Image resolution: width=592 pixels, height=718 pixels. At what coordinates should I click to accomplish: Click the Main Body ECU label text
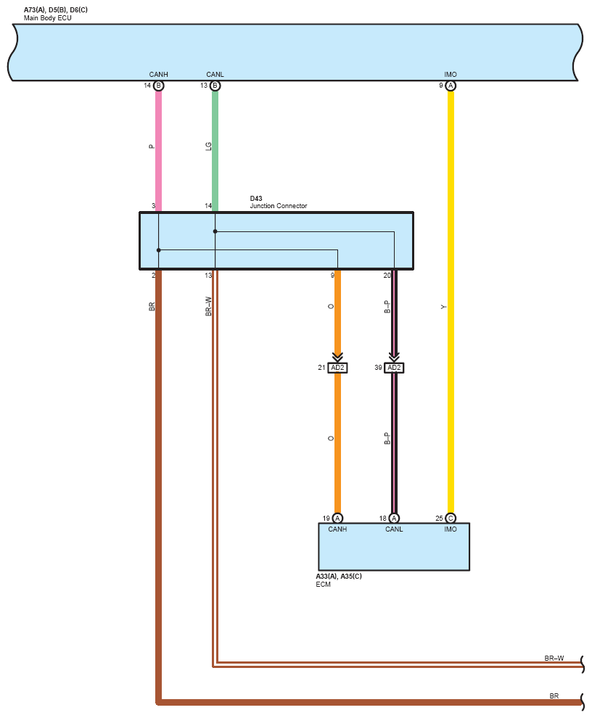[48, 17]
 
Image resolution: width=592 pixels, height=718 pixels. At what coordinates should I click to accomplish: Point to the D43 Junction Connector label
[278, 202]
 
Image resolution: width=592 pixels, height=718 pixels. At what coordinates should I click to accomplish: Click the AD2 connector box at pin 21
[337, 368]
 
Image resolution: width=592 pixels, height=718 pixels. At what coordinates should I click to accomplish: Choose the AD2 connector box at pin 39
[394, 368]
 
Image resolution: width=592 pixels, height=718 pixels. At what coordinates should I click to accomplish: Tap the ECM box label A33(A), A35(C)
[338, 576]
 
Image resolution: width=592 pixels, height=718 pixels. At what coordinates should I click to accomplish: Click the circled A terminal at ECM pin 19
[337, 518]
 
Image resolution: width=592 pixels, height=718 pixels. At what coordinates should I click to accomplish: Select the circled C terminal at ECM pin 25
[451, 518]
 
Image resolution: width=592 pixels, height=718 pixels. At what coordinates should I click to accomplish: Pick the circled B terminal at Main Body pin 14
[158, 86]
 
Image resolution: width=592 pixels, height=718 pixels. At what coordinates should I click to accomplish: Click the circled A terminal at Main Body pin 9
[451, 86]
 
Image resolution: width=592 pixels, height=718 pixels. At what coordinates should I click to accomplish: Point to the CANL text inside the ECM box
[394, 529]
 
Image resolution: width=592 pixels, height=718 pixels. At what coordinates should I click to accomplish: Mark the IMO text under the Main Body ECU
[451, 75]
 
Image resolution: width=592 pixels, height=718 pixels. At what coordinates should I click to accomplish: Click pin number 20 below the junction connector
[387, 276]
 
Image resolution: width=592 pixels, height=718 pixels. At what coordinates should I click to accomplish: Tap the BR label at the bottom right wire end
[554, 696]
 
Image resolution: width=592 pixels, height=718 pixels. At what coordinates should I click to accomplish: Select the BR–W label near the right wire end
[554, 659]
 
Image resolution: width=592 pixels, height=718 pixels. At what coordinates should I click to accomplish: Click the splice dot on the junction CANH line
[158, 250]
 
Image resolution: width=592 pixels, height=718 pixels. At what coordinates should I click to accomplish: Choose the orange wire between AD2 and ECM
[337, 442]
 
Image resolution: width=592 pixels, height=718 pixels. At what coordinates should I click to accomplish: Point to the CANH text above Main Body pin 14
[158, 75]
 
